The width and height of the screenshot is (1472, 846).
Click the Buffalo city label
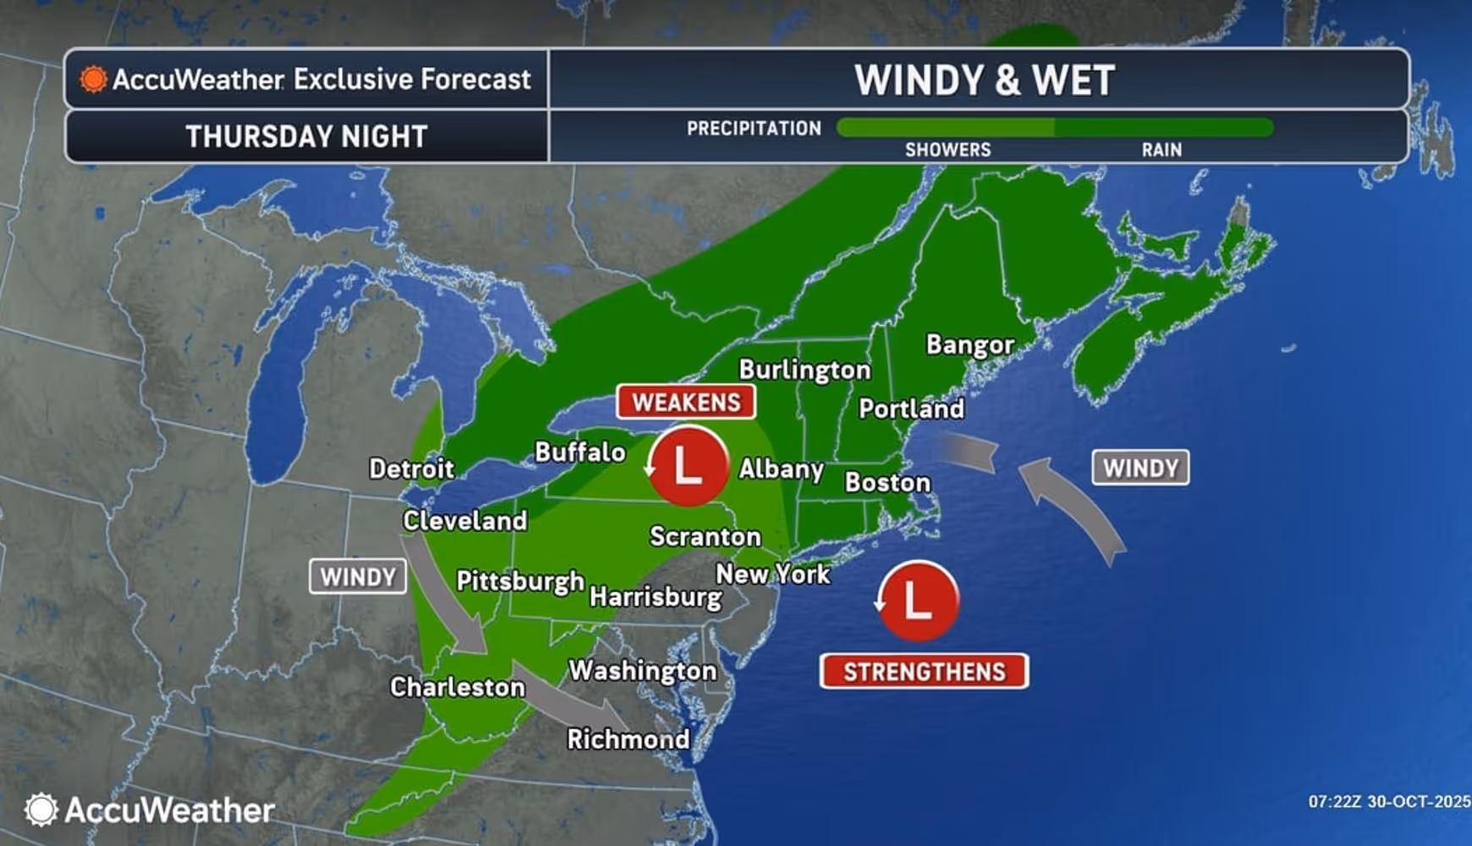pos(580,453)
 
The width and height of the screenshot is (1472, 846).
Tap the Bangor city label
pos(969,345)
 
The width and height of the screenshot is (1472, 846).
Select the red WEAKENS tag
pos(686,403)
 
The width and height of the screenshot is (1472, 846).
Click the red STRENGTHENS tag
pos(924,672)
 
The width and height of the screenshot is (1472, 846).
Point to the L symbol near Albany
pos(687,466)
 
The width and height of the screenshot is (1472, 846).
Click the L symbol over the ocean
pos(918,601)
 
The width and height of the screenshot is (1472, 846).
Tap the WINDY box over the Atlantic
pos(1140,468)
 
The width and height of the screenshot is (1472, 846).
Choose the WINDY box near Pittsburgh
pos(358,577)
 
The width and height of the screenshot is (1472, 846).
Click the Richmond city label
pos(629,739)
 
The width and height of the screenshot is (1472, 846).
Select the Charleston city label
pos(458,687)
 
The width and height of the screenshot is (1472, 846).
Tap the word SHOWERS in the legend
pos(947,150)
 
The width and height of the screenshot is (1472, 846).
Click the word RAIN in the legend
pos(1162,150)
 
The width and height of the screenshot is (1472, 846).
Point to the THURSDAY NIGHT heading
pos(306,136)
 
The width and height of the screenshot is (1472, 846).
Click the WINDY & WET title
pos(984,80)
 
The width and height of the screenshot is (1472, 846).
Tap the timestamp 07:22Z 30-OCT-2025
pos(1389,801)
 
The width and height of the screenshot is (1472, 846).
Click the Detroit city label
pos(412,469)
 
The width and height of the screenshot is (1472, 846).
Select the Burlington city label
pos(805,370)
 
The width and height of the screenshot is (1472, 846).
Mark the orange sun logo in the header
pos(93,80)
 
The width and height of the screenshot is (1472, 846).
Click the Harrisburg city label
pos(656,597)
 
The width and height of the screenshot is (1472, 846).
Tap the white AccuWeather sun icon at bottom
pos(41,810)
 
